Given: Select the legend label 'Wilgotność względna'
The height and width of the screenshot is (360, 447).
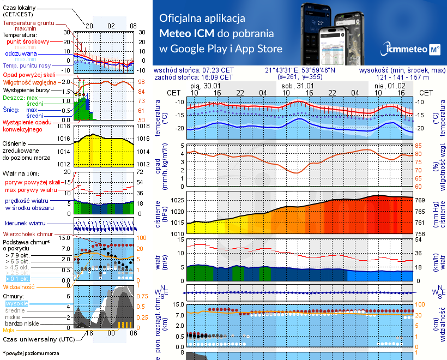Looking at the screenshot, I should coord(29,81).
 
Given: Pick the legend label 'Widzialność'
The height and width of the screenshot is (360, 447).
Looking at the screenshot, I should coord(19,286).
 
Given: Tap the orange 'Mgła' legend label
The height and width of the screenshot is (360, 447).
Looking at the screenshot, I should coord(9,330).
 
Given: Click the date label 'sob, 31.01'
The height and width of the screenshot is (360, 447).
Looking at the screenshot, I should coord(298,86).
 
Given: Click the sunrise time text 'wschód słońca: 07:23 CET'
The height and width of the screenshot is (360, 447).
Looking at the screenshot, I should coord(194,70).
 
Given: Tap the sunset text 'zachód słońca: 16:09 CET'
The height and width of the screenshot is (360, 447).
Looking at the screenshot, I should coord(194,77).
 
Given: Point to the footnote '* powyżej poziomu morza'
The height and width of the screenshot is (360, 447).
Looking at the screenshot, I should coord(30,353).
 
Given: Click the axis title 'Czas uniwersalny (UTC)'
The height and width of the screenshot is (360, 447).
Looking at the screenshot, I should coord(38,339).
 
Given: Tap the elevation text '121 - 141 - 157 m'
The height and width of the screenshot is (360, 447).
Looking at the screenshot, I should coord(402,77).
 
